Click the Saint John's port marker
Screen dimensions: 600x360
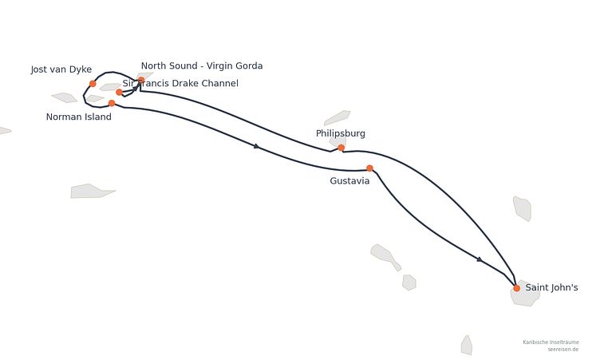tap(516, 288)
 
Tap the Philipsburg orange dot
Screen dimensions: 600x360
tap(341, 148)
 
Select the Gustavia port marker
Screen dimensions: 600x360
tap(369, 168)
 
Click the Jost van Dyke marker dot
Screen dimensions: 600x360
tap(93, 84)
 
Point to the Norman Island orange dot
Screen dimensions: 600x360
tap(112, 103)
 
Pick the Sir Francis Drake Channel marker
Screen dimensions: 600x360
tap(119, 92)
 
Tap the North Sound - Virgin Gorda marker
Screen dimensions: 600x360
tap(141, 80)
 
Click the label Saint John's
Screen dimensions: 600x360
tap(551, 287)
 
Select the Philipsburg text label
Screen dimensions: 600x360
tap(341, 133)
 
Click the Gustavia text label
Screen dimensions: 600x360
tap(349, 180)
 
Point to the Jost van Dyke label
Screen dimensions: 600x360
tap(61, 69)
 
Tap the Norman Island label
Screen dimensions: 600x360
tap(79, 117)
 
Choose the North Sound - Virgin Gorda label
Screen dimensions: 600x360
tap(202, 66)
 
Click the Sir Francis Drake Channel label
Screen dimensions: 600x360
tap(180, 84)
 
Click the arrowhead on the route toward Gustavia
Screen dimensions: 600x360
tap(257, 146)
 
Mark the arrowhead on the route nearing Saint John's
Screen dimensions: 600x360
tap(480, 259)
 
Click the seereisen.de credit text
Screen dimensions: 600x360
tap(562, 350)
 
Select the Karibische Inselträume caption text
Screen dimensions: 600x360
tap(551, 342)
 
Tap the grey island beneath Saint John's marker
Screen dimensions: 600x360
tap(525, 293)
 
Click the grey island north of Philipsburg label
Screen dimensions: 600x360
tap(337, 117)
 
